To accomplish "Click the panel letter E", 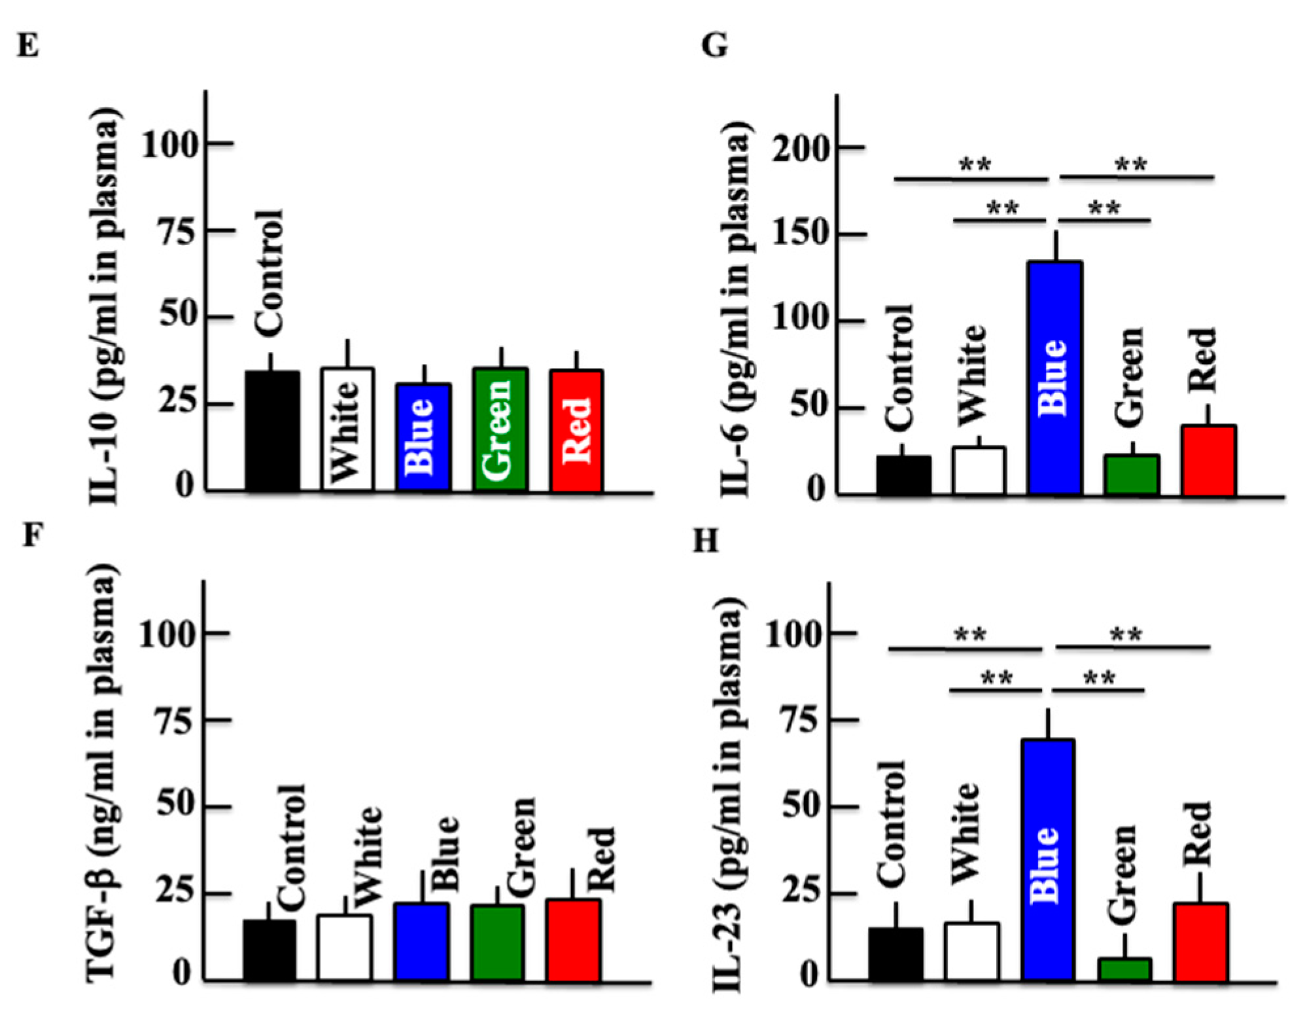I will pyautogui.click(x=27, y=46).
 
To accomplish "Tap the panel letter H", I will pyautogui.click(x=705, y=541).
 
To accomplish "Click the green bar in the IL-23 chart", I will pyautogui.click(x=1124, y=969).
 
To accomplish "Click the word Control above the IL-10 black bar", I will pyautogui.click(x=269, y=274).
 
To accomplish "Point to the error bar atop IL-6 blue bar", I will pyautogui.click(x=1055, y=246).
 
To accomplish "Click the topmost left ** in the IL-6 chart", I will pyautogui.click(x=975, y=164).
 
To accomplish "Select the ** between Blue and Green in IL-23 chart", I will pyautogui.click(x=1099, y=677).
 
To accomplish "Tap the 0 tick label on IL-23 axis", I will pyautogui.click(x=809, y=976).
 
